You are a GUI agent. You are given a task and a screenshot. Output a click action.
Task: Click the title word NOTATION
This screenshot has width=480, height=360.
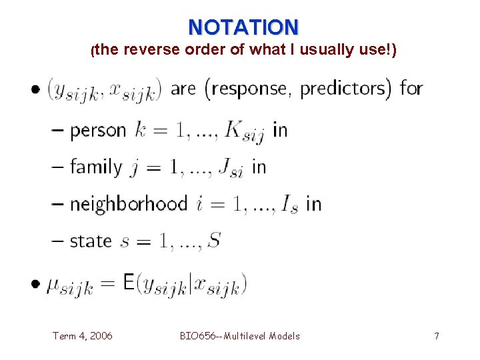243,27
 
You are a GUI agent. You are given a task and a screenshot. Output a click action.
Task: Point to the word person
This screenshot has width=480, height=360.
98,131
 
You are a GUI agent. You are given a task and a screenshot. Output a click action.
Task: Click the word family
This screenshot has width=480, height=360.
97,167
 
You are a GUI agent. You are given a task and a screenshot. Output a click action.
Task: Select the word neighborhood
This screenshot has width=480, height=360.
129,203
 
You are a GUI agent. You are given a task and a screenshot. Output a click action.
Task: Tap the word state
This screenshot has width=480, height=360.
91,240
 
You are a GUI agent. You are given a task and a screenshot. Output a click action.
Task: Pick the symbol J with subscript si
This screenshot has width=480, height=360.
231,169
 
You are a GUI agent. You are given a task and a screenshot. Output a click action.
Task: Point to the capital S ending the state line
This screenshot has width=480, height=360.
213,240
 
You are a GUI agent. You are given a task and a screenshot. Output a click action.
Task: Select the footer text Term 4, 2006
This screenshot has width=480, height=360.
82,336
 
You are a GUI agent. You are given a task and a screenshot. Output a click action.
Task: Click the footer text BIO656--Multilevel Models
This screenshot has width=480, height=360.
240,336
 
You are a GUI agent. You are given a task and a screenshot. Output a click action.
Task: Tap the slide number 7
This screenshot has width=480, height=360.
437,336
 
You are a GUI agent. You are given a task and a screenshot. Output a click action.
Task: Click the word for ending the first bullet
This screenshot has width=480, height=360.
411,88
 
